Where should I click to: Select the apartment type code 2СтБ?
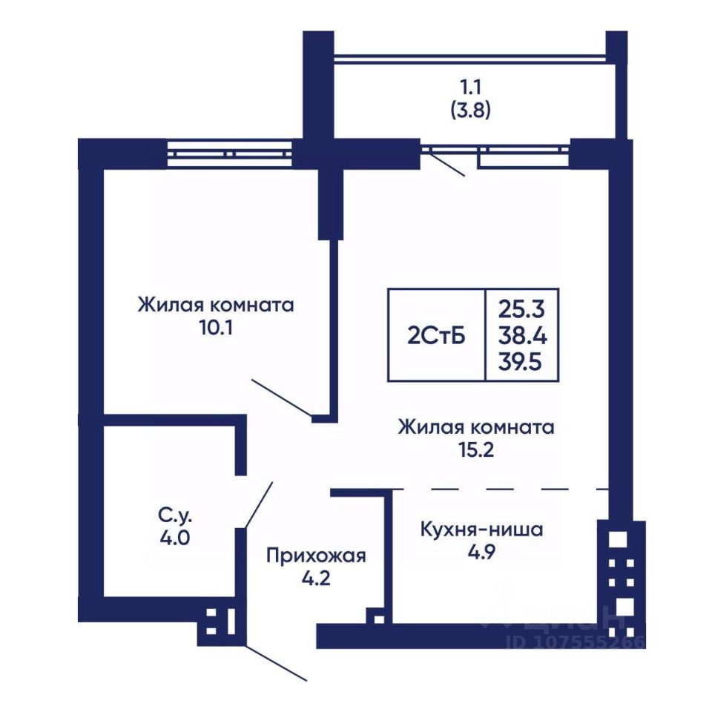click(x=436, y=335)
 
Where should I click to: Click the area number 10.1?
click(x=215, y=327)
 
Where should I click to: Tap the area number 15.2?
click(x=475, y=450)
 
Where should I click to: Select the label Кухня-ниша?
click(x=481, y=530)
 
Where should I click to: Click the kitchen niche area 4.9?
click(x=481, y=553)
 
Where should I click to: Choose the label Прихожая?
click(x=316, y=556)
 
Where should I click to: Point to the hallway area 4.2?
click(x=316, y=578)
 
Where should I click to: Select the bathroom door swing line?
click(x=258, y=504)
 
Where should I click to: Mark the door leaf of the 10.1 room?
click(x=282, y=398)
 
